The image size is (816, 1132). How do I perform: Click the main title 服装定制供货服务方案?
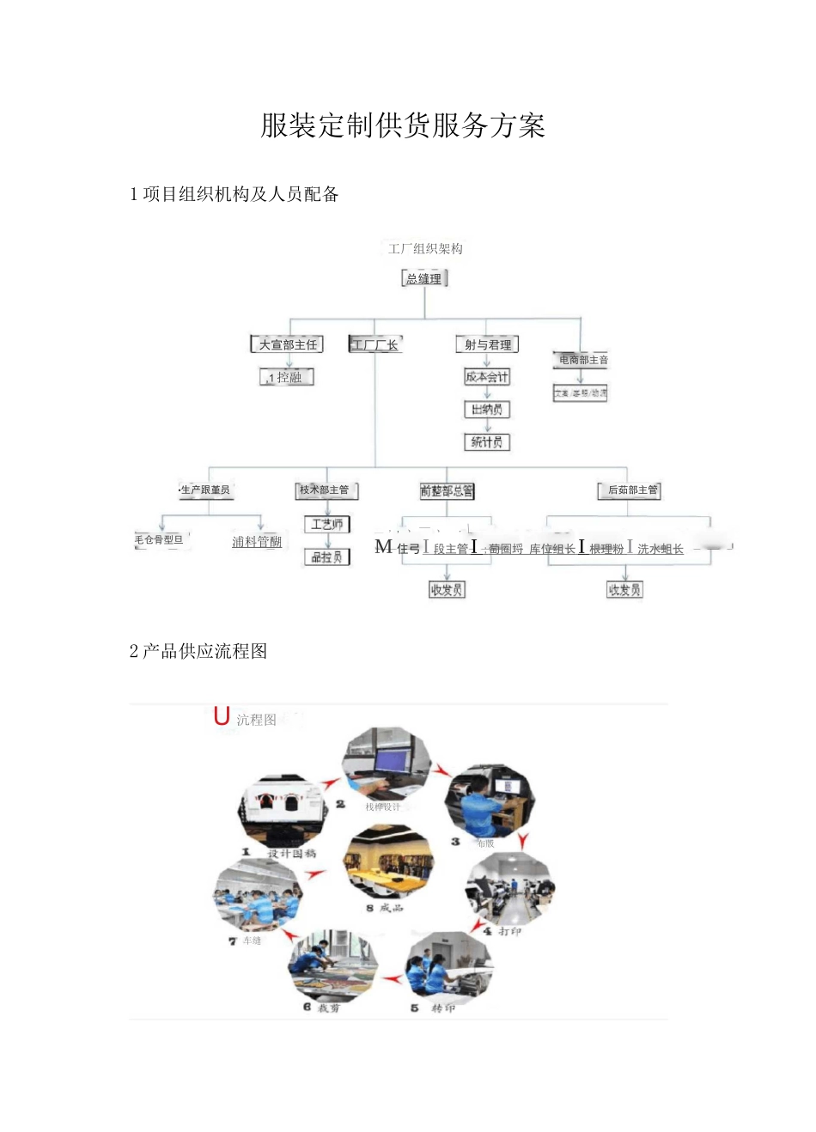pos(403,126)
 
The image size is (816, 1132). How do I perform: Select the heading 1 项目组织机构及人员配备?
pos(234,195)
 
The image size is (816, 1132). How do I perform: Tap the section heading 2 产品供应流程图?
pos(198,651)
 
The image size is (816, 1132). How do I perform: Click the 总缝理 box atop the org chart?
pos(424,278)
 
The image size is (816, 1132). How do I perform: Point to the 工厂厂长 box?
pos(375,344)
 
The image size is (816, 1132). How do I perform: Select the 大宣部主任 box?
pos(288,344)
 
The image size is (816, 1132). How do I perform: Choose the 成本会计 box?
pos(487,377)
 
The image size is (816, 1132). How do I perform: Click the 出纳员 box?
pos(487,410)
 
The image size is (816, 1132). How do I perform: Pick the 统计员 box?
pos(487,442)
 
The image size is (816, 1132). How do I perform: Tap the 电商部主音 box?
pos(582,360)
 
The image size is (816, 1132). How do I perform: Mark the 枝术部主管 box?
pos(326,490)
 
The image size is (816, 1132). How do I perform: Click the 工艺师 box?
pos(327,524)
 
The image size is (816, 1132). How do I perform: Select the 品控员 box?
pos(327,557)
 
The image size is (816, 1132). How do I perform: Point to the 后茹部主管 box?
pos(630,490)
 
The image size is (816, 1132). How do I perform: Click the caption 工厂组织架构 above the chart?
pos(425,249)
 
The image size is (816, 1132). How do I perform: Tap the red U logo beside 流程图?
pos(222,716)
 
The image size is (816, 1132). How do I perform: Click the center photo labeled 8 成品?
pos(388,863)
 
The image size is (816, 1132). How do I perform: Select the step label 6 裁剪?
pos(322,1007)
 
